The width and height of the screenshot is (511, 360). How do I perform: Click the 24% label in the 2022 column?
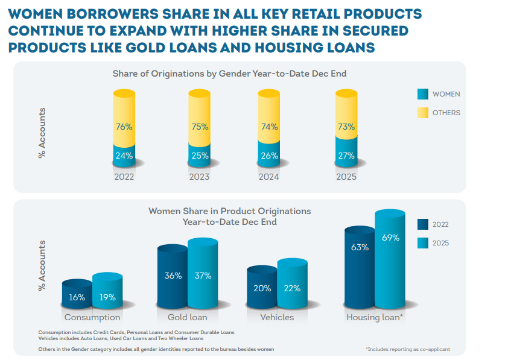pos(124,156)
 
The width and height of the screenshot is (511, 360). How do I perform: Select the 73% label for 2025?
pos(346,127)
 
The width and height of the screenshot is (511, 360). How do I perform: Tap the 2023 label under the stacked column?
pos(199,177)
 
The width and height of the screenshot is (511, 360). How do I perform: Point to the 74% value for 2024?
pos(269,127)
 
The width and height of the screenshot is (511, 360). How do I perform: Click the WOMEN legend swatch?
pos(423,94)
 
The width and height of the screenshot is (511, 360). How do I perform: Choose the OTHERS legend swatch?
pos(423,113)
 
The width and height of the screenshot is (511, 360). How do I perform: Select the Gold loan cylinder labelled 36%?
pos(173,276)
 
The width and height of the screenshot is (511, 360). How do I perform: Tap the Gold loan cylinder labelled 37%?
pos(203,274)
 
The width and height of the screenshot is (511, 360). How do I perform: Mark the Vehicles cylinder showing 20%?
pos(262,288)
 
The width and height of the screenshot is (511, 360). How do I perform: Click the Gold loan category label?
pos(187,317)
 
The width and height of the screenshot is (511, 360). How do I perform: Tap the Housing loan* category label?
pos(374,317)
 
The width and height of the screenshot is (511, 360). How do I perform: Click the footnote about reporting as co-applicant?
pos(407,349)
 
